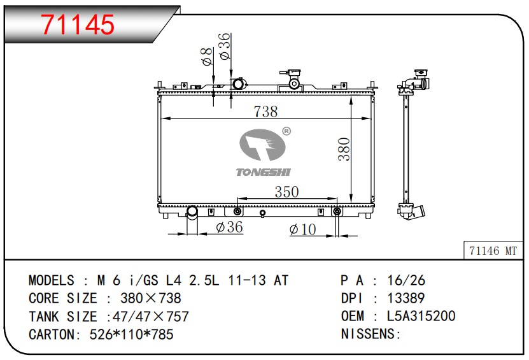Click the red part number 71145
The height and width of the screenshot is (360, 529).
[x=78, y=24]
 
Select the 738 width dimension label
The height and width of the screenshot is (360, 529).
[x=265, y=112]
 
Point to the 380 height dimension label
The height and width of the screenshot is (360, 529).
[x=344, y=149]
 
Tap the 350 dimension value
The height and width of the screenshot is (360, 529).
[x=286, y=192]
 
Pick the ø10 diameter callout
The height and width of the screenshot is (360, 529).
[x=302, y=229]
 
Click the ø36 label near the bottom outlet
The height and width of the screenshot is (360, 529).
[x=229, y=227]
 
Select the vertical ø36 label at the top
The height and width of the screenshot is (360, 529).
[x=224, y=46]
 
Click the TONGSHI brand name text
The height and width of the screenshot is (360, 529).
[x=263, y=172]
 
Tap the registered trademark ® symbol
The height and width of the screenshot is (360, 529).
[x=286, y=131]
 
